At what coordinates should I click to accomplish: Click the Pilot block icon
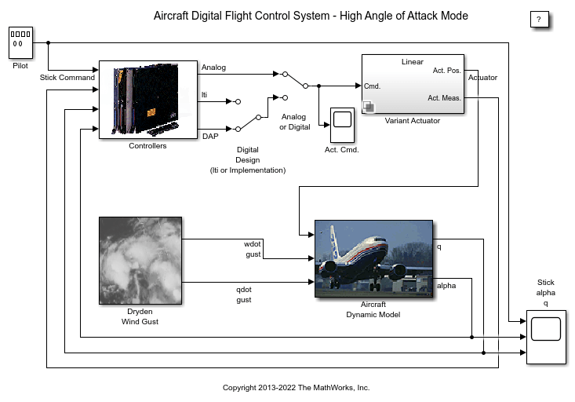[x=20, y=42]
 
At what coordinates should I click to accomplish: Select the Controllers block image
[x=147, y=100]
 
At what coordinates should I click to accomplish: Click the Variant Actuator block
[x=413, y=84]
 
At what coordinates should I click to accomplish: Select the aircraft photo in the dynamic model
[x=374, y=259]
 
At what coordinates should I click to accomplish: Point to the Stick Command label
[x=67, y=78]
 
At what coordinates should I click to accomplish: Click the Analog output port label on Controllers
[x=213, y=68]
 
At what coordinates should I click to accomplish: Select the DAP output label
[x=210, y=135]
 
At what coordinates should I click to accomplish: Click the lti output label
[x=205, y=95]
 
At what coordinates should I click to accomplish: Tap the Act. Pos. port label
[x=447, y=71]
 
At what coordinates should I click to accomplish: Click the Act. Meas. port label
[x=445, y=98]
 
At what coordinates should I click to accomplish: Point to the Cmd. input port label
[x=373, y=86]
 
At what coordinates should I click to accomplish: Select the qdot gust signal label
[x=244, y=294]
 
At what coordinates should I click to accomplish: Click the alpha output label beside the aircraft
[x=446, y=285]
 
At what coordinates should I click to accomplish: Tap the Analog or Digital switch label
[x=295, y=122]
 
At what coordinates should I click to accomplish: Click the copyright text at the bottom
[x=296, y=388]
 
